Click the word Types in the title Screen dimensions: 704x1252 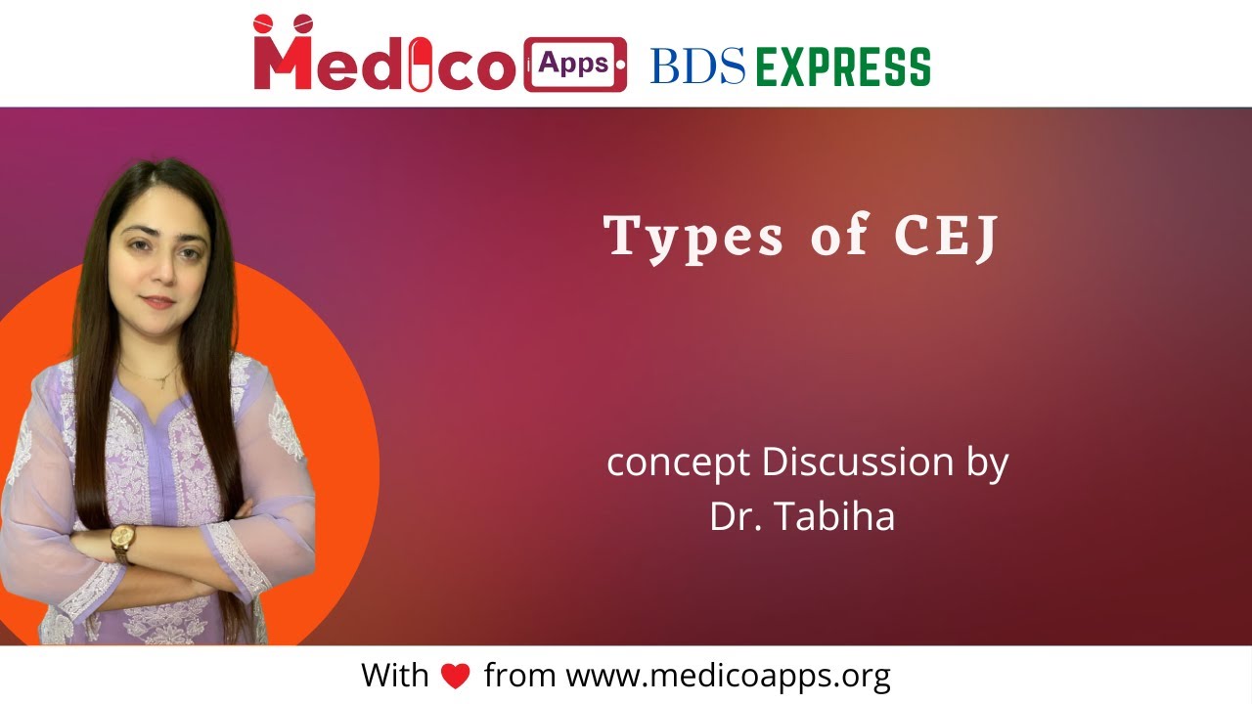coord(693,238)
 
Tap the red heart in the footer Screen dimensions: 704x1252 coord(456,676)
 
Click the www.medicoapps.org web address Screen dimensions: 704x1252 coord(728,675)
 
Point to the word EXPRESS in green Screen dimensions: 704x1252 coord(843,66)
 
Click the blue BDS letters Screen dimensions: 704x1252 coord(697,66)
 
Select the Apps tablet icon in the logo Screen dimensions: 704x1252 coord(574,65)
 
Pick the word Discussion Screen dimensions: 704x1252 coord(857,462)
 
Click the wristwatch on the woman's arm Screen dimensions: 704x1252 coord(123,541)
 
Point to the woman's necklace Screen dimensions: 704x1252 coord(156,376)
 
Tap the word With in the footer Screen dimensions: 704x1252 coord(395,675)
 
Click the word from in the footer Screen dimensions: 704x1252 coord(519,675)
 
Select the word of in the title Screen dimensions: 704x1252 coord(839,236)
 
